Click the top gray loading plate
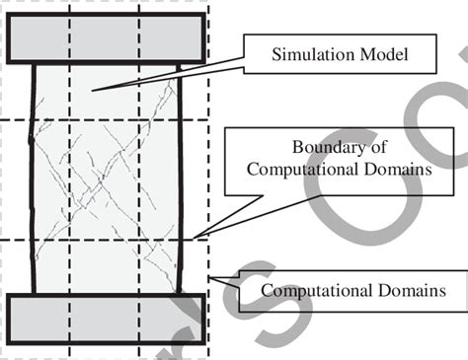pyautogui.click(x=106, y=38)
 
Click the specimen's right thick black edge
pyautogui.click(x=183, y=178)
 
